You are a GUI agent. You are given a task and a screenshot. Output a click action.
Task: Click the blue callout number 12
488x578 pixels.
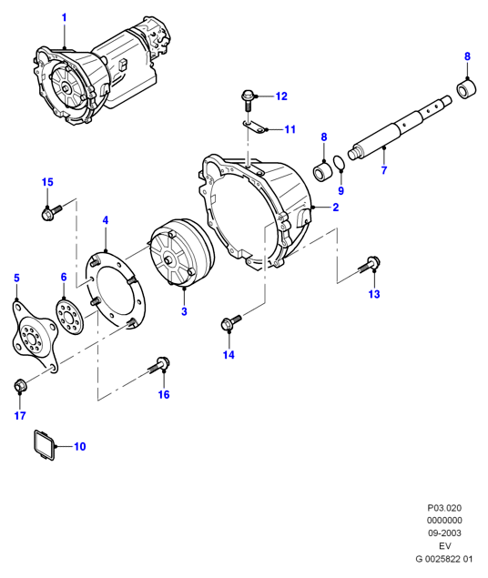click(281, 96)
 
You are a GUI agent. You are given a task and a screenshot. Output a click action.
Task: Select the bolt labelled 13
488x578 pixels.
click(370, 266)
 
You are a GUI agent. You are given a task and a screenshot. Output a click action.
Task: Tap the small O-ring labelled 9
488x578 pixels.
click(339, 163)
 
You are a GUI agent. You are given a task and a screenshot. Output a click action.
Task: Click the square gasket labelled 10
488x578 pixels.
click(45, 444)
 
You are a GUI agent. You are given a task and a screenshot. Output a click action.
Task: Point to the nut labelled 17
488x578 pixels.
click(19, 386)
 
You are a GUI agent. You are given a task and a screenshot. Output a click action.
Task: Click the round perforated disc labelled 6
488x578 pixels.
click(70, 317)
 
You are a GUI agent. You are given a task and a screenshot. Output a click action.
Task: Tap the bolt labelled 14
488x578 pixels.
click(230, 321)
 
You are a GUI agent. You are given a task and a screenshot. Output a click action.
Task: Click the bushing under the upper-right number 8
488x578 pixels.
click(467, 89)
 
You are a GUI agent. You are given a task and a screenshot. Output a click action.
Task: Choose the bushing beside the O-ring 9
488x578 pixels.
click(323, 171)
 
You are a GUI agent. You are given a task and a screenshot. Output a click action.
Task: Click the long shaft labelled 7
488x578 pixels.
click(400, 127)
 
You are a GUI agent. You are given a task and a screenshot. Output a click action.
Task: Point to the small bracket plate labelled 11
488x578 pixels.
click(255, 127)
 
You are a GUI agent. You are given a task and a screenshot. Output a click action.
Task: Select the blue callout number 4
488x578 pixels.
click(106, 220)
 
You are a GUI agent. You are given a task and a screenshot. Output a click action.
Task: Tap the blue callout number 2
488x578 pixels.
click(335, 208)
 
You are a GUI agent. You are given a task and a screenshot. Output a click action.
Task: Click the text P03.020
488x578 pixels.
click(444, 508)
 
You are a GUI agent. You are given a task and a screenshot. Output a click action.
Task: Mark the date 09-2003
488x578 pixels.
click(444, 533)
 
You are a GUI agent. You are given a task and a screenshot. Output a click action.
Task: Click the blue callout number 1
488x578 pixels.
click(64, 17)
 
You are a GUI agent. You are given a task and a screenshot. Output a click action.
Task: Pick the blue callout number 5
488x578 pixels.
click(16, 278)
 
